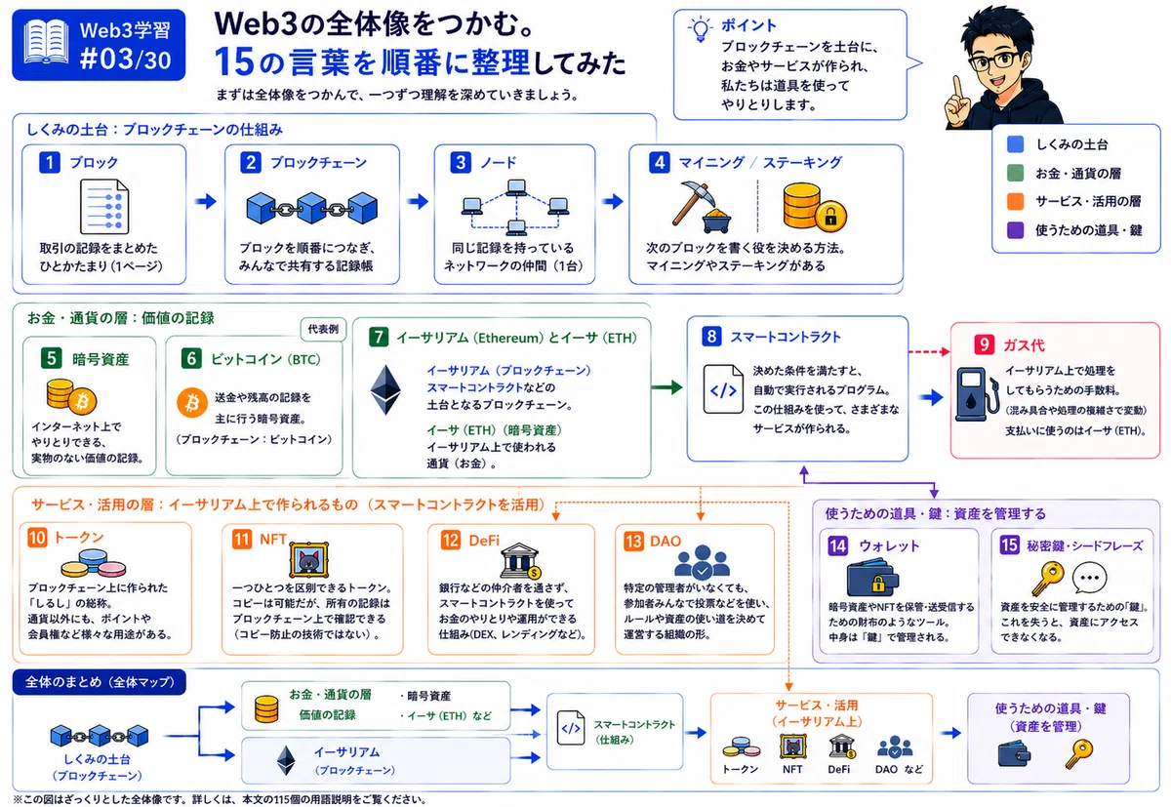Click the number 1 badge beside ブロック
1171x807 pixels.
tap(50, 163)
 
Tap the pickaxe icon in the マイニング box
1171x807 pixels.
tap(693, 201)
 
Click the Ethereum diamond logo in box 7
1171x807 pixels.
tap(385, 390)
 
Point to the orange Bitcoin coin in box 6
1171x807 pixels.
tap(192, 402)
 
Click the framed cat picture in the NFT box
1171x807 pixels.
tap(309, 560)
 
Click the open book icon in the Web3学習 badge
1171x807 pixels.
tap(46, 42)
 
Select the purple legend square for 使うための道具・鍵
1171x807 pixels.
tap(1015, 230)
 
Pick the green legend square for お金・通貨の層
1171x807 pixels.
tap(1015, 173)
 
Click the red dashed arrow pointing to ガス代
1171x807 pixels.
tap(929, 351)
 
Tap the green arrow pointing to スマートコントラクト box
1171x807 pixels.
tap(667, 387)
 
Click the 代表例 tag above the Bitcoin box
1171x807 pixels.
tap(323, 329)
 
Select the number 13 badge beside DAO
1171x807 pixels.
tap(633, 541)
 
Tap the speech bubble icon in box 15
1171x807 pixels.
tap(1089, 578)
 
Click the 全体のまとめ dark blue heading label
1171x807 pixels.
tap(100, 682)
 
